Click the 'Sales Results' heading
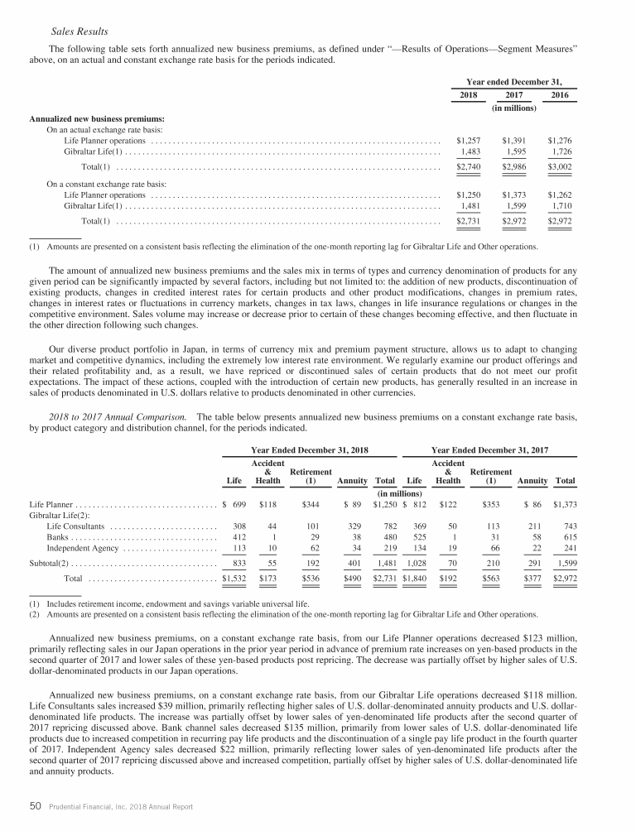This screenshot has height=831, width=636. [79, 31]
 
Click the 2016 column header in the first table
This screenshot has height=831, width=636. [560, 96]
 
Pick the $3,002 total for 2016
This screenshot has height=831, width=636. [560, 167]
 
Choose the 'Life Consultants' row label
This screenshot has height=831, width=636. [76, 526]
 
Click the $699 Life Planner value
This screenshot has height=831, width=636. [238, 503]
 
